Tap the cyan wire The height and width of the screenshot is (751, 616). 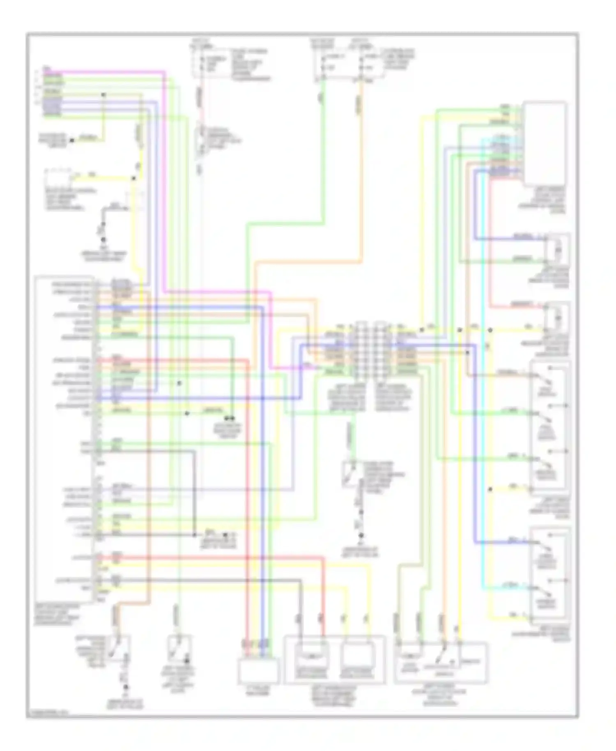[x=483, y=452]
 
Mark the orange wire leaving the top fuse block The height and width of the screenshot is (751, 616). [x=361, y=164]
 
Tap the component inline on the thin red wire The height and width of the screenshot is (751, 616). [x=201, y=140]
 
